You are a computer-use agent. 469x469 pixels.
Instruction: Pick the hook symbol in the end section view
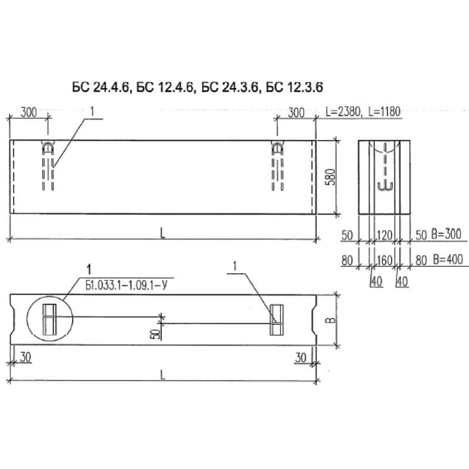tap(385, 185)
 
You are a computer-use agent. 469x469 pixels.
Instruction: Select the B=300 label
tap(446, 235)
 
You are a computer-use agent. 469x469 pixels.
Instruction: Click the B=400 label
tap(446, 260)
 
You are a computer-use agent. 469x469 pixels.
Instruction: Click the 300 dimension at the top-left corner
tap(29, 112)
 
